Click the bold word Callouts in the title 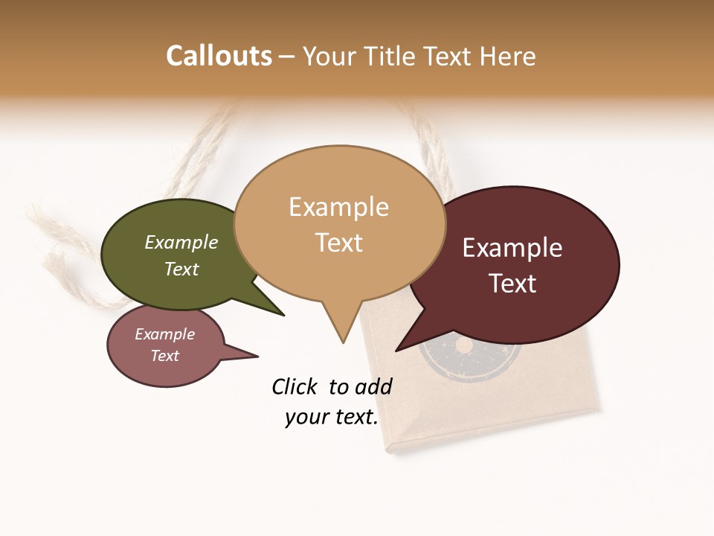click(x=219, y=56)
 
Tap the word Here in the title click(x=506, y=56)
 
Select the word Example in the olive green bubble click(x=181, y=243)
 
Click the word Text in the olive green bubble click(x=181, y=269)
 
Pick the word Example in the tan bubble click(x=338, y=207)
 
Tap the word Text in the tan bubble click(x=338, y=242)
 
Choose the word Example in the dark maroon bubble click(x=512, y=248)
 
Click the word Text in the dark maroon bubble click(x=512, y=283)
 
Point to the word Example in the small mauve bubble click(x=164, y=334)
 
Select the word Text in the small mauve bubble click(x=164, y=356)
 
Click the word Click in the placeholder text click(x=294, y=386)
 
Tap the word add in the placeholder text click(x=373, y=386)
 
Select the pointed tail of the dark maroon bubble click(x=399, y=348)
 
